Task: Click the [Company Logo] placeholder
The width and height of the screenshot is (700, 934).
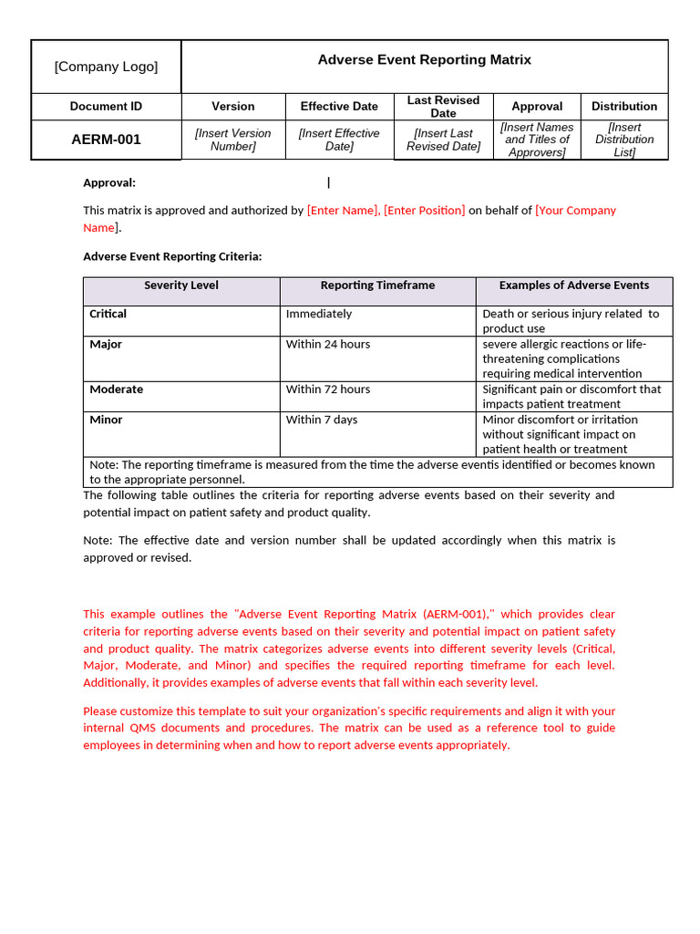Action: click(106, 67)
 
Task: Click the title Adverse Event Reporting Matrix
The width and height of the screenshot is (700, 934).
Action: click(424, 59)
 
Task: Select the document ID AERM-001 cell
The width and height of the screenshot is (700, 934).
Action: click(106, 140)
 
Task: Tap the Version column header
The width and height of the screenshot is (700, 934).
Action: click(233, 106)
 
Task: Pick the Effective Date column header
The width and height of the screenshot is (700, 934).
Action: click(339, 106)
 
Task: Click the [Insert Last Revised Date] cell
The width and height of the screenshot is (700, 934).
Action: click(443, 140)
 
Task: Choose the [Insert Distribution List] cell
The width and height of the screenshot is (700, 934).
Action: click(624, 140)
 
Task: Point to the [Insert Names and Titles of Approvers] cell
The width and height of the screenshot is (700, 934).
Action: click(537, 140)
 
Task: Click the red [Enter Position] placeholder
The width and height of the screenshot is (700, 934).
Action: click(424, 210)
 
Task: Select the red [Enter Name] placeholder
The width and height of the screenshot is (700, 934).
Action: click(343, 210)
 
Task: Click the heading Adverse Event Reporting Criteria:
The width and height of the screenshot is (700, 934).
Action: click(172, 256)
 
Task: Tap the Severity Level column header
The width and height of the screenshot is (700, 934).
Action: click(181, 285)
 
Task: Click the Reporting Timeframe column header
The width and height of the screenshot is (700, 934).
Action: click(377, 285)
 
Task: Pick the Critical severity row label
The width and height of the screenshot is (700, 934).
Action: click(108, 314)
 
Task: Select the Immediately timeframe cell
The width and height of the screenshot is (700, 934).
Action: click(318, 314)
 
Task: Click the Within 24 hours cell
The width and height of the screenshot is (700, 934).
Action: click(327, 345)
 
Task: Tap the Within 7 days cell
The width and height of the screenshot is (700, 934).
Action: click(321, 420)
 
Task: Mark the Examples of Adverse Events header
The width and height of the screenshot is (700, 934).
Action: click(573, 285)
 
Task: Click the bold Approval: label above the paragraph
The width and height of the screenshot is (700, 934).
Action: click(109, 182)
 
